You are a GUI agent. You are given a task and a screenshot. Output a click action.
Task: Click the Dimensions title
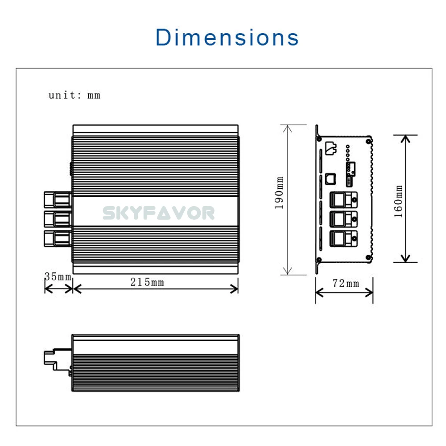pyautogui.click(x=227, y=37)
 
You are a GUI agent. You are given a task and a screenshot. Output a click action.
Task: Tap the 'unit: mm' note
pyautogui.click(x=74, y=95)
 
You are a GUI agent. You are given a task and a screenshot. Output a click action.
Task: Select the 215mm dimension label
pyautogui.click(x=147, y=282)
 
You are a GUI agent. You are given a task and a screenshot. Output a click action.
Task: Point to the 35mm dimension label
pyautogui.click(x=58, y=277)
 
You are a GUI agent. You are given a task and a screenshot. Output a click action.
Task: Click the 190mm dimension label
pyautogui.click(x=280, y=193)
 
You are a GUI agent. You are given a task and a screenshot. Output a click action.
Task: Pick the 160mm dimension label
pyautogui.click(x=398, y=201)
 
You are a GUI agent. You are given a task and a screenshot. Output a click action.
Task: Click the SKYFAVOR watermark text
pyautogui.click(x=159, y=213)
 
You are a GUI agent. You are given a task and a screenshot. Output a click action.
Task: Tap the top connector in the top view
pyautogui.click(x=58, y=199)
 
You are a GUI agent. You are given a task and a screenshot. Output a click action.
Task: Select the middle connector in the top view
pyautogui.click(x=58, y=219)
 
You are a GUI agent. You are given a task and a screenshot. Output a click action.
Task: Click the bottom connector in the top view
pyautogui.click(x=58, y=238)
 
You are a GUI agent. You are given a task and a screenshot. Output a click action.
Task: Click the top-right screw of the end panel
pyautogui.click(x=368, y=141)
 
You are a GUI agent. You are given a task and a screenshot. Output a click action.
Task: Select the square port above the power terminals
pyautogui.click(x=330, y=178)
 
